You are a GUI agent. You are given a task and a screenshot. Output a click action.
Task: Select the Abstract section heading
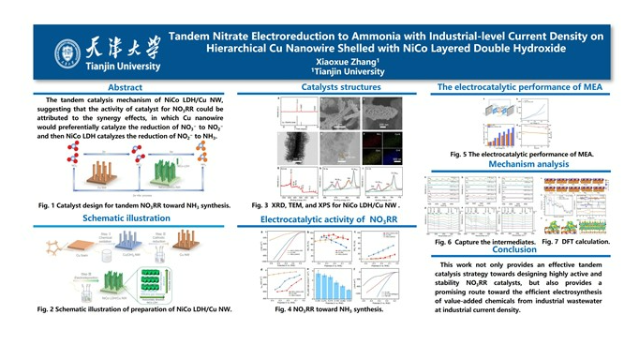coord(126,87)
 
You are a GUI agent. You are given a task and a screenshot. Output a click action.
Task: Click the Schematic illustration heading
coord(126,218)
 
